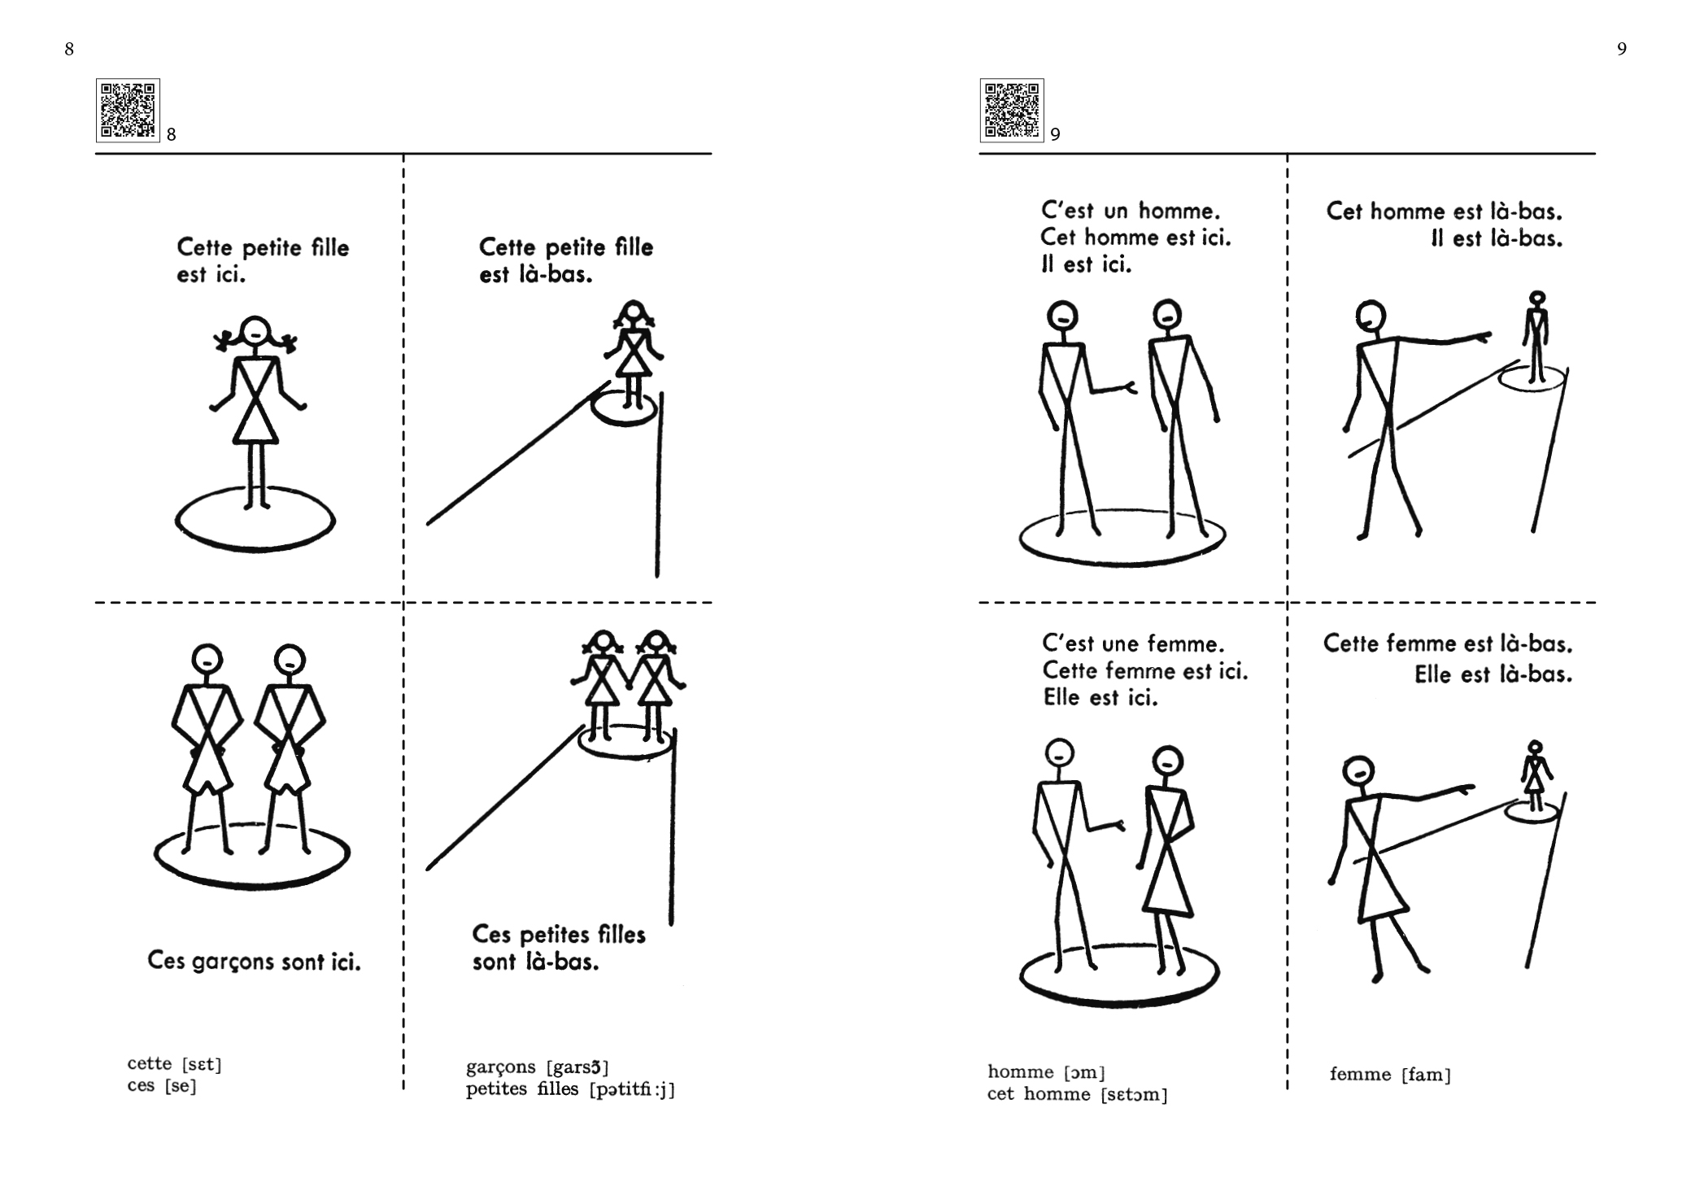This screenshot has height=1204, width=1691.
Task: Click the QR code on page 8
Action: (x=128, y=110)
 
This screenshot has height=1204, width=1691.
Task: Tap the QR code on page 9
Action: (x=1012, y=110)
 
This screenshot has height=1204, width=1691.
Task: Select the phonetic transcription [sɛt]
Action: (x=202, y=1064)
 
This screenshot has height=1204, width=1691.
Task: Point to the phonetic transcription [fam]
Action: (x=1427, y=1075)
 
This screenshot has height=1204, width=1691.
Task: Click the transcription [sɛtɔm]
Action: (x=1134, y=1095)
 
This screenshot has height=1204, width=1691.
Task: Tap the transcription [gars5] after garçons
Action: (x=577, y=1067)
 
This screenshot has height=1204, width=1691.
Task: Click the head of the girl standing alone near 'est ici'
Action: (x=255, y=330)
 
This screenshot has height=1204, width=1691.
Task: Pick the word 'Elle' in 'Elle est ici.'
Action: (x=1061, y=697)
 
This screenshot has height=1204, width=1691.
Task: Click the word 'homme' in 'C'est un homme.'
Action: (x=1179, y=212)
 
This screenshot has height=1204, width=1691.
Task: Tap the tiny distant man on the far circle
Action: (x=1536, y=336)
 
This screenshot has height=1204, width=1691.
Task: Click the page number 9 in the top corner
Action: (x=1622, y=50)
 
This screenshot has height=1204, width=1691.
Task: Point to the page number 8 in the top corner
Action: (x=69, y=50)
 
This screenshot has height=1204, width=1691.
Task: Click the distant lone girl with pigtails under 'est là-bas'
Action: (x=634, y=355)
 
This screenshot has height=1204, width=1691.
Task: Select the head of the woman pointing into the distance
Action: (x=1359, y=771)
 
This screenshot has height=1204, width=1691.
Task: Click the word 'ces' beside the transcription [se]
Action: (x=141, y=1086)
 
